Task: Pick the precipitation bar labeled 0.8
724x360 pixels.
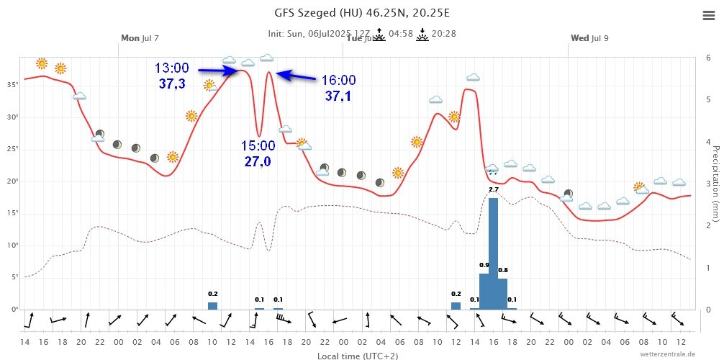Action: (502, 294)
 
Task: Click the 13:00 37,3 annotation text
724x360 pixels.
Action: (171, 76)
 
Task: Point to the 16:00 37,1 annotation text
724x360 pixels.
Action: (338, 88)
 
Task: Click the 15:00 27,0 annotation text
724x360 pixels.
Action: (258, 153)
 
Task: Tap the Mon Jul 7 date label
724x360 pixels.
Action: (140, 37)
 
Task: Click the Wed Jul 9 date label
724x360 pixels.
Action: (589, 37)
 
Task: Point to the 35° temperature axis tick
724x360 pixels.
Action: (12, 85)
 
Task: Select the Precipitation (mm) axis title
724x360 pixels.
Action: (715, 183)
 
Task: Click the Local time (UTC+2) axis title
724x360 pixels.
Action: (358, 355)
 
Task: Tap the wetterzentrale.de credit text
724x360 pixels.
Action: (667, 354)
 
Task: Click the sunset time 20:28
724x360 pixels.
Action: (443, 33)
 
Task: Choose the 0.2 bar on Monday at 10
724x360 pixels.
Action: (212, 305)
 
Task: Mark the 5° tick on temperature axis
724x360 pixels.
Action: (14, 277)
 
